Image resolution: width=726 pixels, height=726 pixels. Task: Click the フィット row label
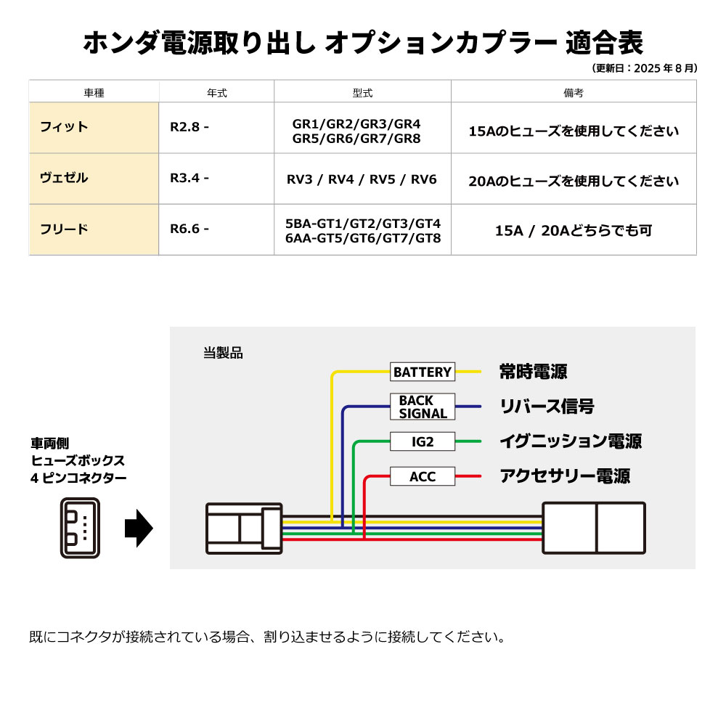point(65,127)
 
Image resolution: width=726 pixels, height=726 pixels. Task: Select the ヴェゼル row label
point(65,178)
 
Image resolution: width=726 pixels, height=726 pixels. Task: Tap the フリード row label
point(65,229)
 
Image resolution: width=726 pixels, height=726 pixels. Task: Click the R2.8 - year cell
point(189,127)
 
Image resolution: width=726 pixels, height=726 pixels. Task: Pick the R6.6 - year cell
point(189,229)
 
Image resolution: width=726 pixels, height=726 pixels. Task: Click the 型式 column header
point(362,93)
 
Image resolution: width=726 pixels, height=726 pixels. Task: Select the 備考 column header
point(573,93)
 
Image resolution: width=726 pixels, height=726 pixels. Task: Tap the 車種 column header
point(94,93)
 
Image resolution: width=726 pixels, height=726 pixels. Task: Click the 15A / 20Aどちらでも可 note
point(574,231)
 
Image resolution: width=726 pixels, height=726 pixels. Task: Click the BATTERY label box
point(423,372)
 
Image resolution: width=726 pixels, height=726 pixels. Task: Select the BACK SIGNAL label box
point(423,407)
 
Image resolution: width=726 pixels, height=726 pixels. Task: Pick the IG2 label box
point(423,441)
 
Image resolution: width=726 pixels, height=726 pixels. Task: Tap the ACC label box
point(423,476)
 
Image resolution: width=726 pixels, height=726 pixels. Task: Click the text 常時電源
point(534,372)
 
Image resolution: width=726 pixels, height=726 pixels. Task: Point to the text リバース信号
point(547,407)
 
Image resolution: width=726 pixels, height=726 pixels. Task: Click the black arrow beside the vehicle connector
point(139,528)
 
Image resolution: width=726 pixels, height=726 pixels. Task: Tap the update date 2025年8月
point(645,68)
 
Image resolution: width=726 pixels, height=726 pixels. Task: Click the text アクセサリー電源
point(565,476)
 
